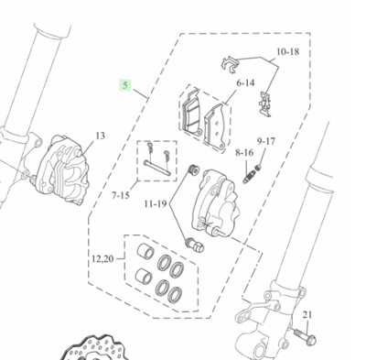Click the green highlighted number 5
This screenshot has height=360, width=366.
click(x=125, y=85)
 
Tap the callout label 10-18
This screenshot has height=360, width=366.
click(x=287, y=51)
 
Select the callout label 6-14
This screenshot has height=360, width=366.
click(x=245, y=82)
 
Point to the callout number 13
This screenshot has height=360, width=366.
click(x=101, y=136)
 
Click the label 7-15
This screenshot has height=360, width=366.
click(x=121, y=195)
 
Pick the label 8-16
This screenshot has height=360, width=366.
click(x=244, y=152)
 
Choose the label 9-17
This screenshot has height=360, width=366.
click(x=265, y=141)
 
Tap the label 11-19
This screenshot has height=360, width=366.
click(x=156, y=203)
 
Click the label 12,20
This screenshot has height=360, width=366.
click(x=102, y=259)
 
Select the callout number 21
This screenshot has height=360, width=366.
click(x=307, y=314)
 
